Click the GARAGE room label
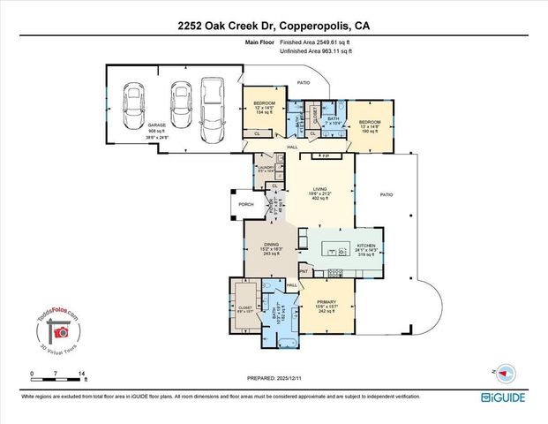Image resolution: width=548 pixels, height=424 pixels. coord(131,125)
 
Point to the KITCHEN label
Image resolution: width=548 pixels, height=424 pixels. coord(365,245)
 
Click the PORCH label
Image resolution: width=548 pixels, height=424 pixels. coord(246,204)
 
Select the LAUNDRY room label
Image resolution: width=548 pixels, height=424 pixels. coord(266,165)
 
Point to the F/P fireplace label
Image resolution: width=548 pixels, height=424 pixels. coord(325,154)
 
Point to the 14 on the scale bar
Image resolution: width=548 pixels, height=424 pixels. coord(81,375)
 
